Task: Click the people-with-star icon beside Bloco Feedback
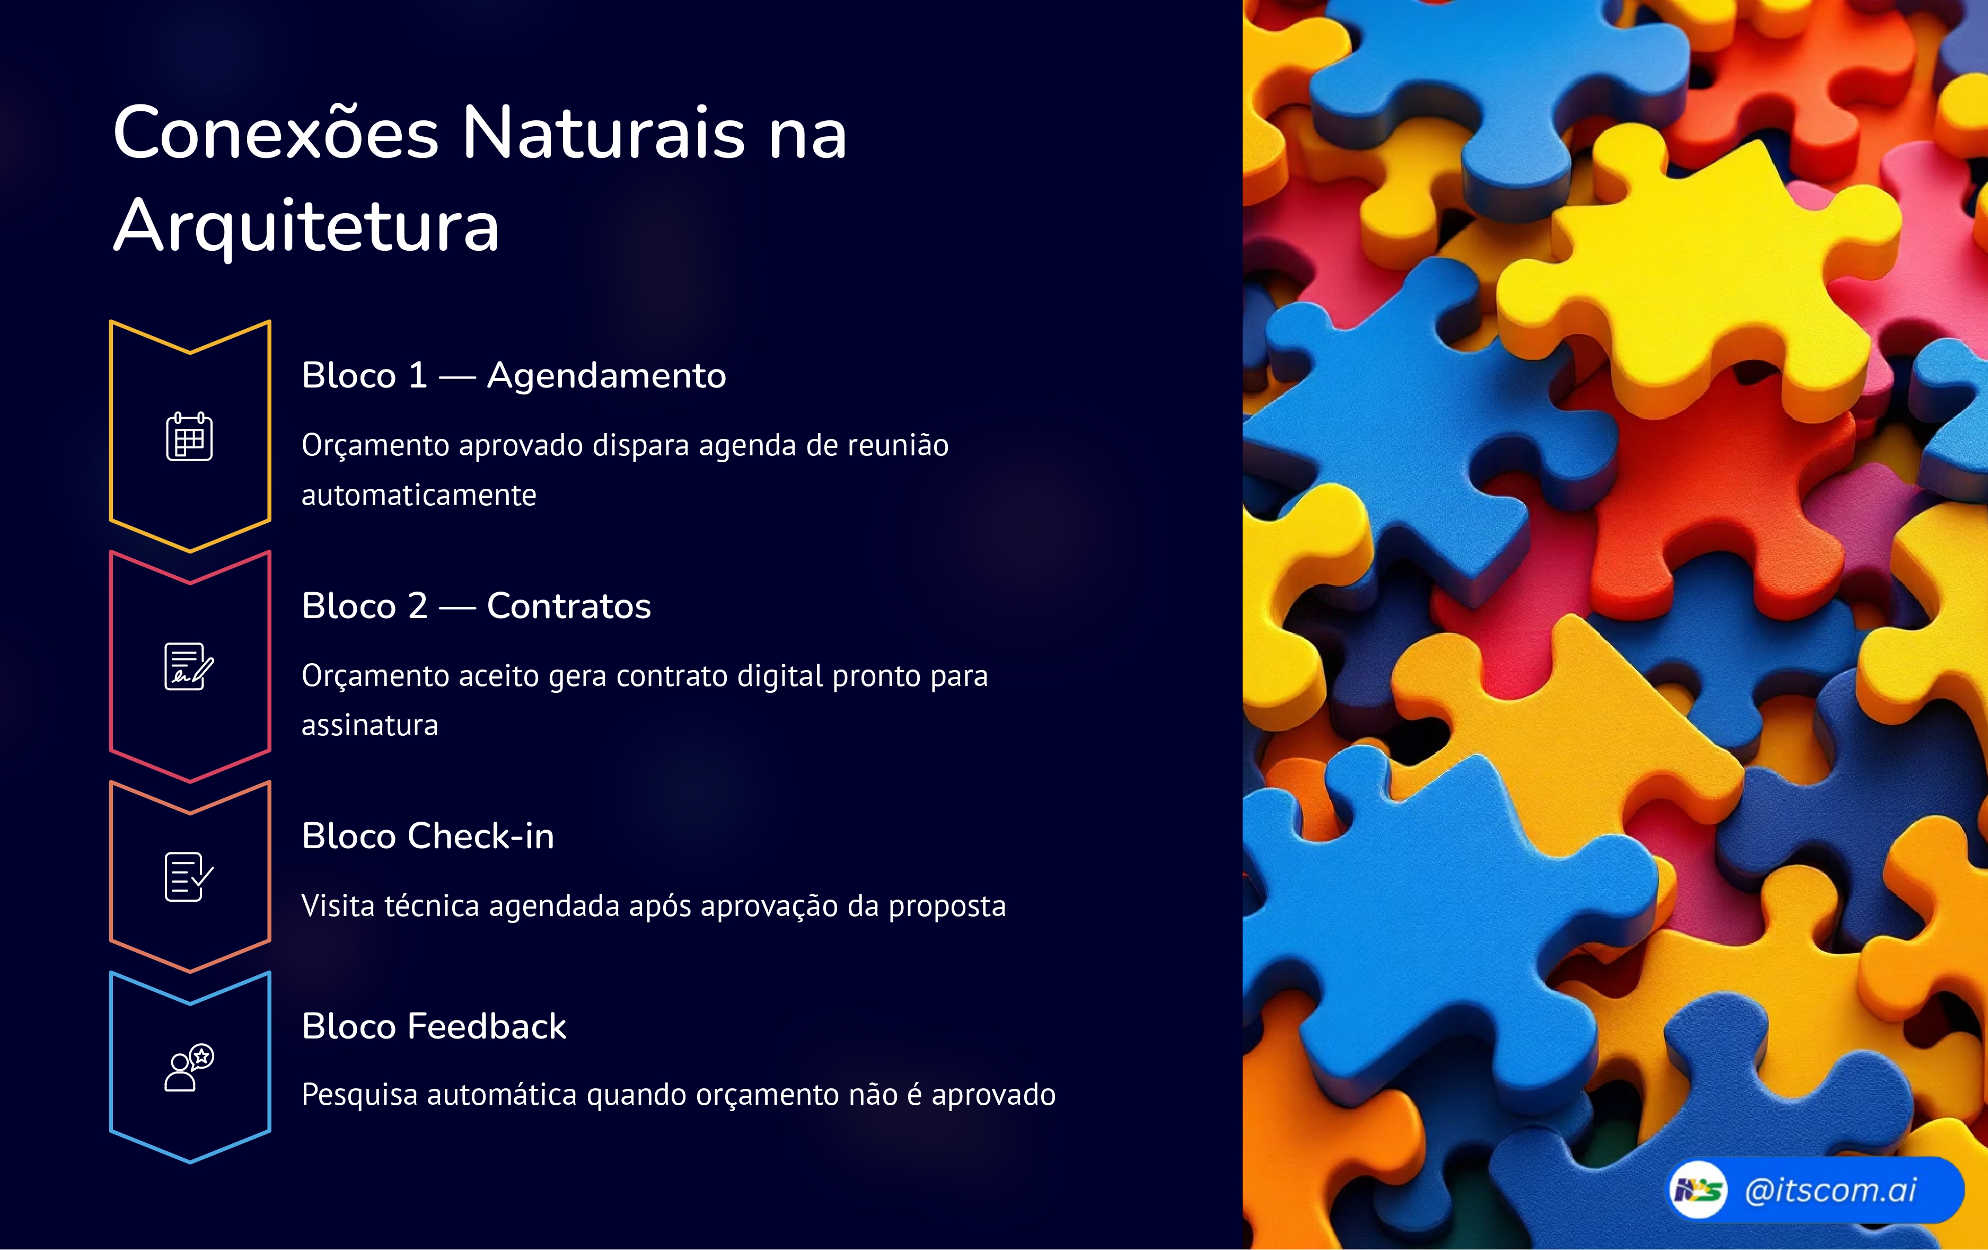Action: coord(189,1068)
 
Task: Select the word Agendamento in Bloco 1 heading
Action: coord(606,376)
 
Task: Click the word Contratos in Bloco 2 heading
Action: coord(569,606)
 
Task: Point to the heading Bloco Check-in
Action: coord(428,837)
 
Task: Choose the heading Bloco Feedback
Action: coord(434,1026)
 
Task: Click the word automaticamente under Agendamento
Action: coord(419,495)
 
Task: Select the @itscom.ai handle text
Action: coord(1831,1190)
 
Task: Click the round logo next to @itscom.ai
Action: coord(1697,1190)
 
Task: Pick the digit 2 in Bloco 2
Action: coord(418,606)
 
